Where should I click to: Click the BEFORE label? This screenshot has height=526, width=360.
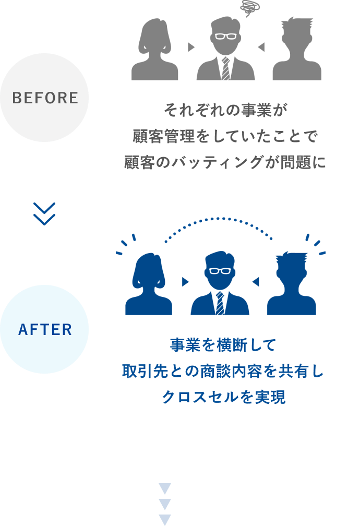coord(45,98)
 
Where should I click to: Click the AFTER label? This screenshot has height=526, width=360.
coord(45,329)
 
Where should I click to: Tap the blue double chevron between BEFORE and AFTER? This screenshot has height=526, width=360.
coord(44,214)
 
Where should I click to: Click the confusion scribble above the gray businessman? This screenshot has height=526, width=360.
coord(250,8)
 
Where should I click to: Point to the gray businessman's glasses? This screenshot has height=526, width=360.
coord(225,36)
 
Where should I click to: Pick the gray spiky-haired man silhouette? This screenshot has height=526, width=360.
coord(297,49)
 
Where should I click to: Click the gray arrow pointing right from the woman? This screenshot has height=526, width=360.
coord(191,47)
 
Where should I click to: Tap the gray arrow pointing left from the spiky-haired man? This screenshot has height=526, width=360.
coord(261,47)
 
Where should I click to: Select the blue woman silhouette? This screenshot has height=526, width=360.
coord(149,284)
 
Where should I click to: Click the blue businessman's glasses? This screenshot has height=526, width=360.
coord(220,271)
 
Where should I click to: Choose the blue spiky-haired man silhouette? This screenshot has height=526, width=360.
coord(291,284)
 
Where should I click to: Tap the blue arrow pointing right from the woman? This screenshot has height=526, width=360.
coord(185,282)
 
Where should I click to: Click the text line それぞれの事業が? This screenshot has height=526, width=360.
coord(225,110)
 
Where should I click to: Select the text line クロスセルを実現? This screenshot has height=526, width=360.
coord(223,397)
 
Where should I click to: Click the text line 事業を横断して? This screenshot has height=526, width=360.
coord(223,345)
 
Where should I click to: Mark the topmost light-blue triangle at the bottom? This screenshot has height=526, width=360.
coord(165,488)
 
